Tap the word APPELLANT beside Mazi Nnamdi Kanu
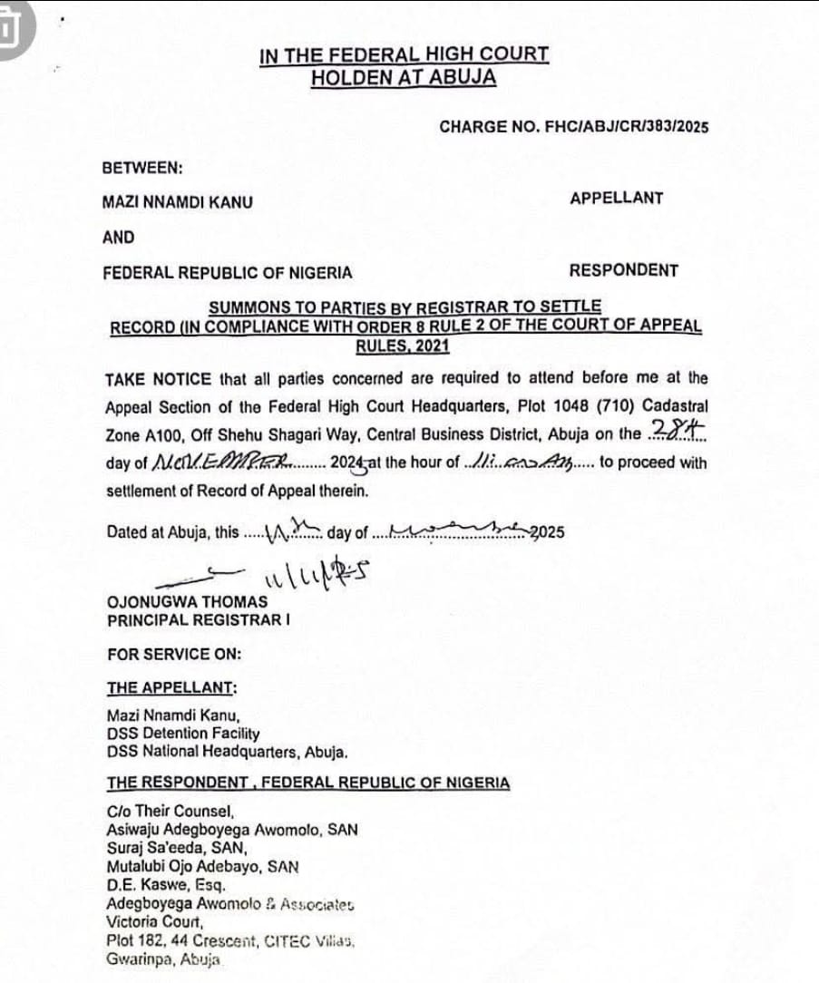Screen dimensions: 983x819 click(617, 198)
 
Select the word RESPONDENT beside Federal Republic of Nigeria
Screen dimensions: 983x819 click(623, 270)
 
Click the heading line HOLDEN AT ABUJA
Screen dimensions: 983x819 click(404, 78)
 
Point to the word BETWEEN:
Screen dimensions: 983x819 click(142, 168)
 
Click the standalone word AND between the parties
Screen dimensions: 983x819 click(119, 238)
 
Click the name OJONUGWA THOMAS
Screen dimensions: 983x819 click(188, 601)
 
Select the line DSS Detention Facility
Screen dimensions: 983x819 click(183, 734)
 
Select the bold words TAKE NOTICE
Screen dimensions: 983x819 click(158, 378)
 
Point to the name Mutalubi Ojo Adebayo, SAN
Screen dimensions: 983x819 click(202, 866)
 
